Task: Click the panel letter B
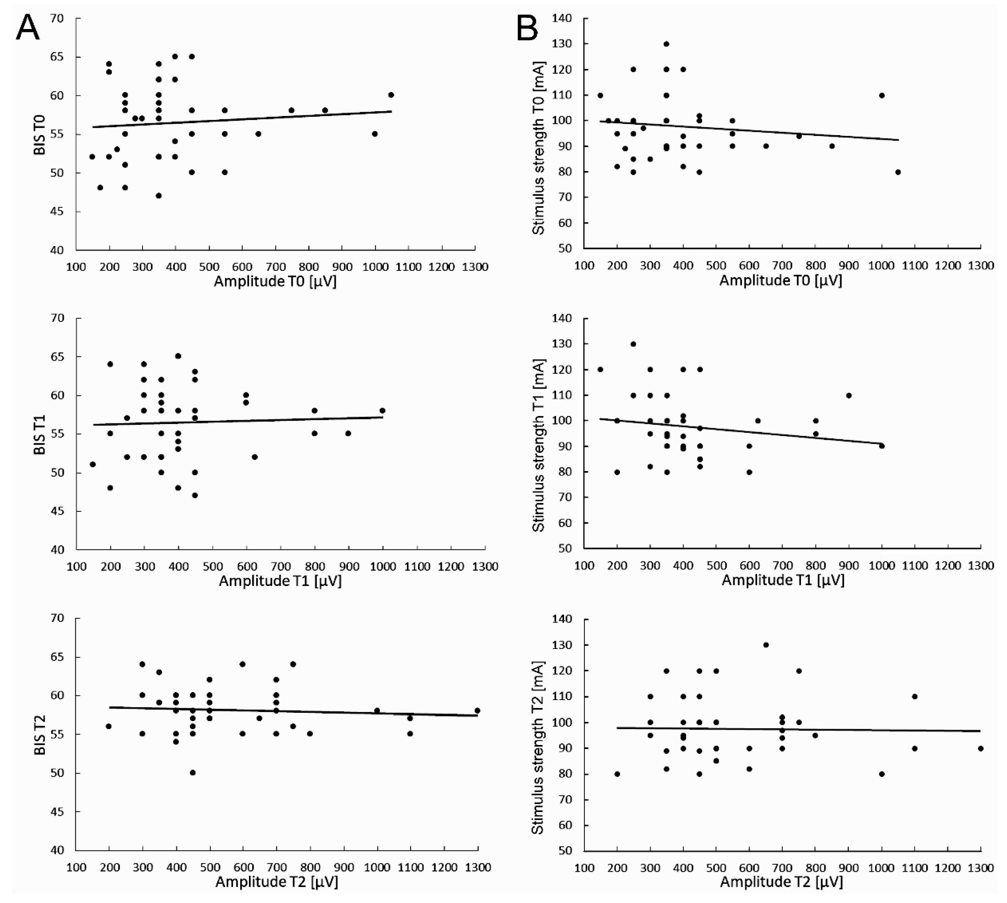click(x=527, y=29)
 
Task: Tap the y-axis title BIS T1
click(x=40, y=435)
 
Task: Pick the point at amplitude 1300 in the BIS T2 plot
click(x=477, y=711)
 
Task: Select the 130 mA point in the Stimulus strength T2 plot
click(x=766, y=645)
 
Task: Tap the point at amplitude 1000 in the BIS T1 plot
click(x=382, y=410)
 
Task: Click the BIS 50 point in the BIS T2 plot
click(x=192, y=773)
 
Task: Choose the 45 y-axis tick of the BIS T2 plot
click(x=57, y=812)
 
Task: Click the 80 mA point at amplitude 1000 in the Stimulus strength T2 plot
click(x=882, y=774)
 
